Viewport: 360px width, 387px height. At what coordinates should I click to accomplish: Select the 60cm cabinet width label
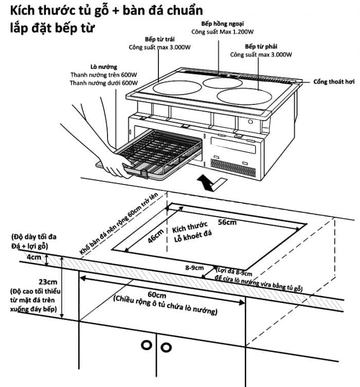157,295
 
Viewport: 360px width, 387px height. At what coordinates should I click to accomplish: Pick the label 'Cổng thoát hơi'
334,82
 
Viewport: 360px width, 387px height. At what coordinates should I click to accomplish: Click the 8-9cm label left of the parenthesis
194,268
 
